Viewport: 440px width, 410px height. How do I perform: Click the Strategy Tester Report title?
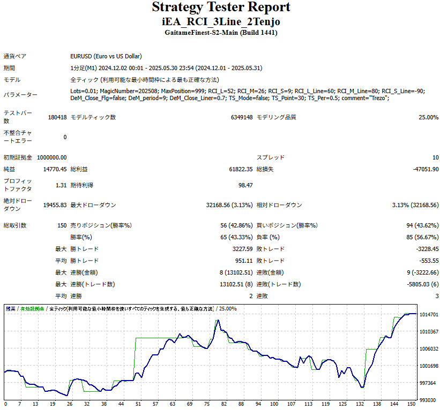[x=221, y=7]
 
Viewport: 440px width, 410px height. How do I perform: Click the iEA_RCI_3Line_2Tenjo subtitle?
[x=221, y=21]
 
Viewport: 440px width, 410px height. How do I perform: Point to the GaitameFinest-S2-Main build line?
[x=221, y=33]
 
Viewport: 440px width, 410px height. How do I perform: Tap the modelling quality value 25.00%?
[x=428, y=117]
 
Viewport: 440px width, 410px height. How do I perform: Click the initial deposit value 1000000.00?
[x=52, y=157]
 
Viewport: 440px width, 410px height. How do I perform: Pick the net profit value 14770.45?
[x=55, y=169]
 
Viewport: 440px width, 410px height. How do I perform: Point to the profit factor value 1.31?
[x=61, y=185]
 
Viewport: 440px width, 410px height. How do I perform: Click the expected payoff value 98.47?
[x=245, y=185]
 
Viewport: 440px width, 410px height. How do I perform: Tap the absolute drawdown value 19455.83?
[x=55, y=205]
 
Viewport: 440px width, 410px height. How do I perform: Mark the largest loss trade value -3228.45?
[x=427, y=249]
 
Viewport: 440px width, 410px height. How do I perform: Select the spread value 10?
[x=435, y=157]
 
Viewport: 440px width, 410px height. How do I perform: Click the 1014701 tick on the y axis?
[x=429, y=315]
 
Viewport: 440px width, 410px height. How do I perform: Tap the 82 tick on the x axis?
[x=224, y=404]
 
